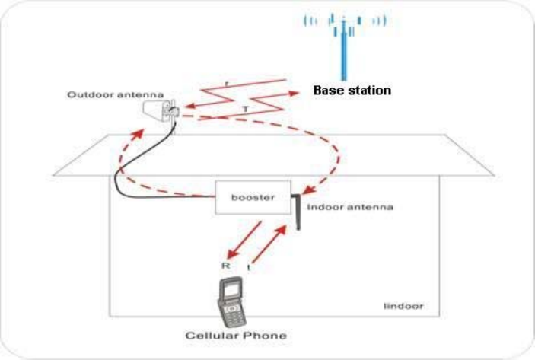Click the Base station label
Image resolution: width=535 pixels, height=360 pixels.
[352, 90]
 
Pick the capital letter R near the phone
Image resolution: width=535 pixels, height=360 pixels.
[225, 266]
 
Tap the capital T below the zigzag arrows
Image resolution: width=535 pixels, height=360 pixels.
[245, 110]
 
